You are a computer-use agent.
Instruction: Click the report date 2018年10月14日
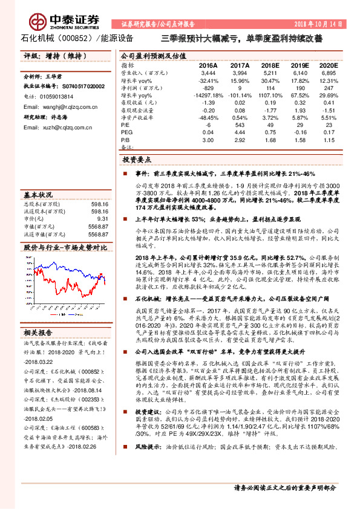pos(315,25)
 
